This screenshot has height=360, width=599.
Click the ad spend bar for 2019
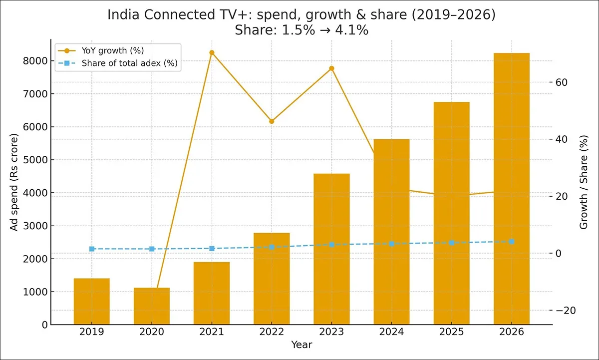point(92,302)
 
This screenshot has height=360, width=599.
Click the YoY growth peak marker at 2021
point(212,52)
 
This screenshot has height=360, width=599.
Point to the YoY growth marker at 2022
point(272,121)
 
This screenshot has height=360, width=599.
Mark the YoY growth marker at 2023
point(331,68)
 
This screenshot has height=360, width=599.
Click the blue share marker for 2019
point(92,249)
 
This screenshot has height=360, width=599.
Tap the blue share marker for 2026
point(512,242)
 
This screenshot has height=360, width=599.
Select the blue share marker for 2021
point(212,248)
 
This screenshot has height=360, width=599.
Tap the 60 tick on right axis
point(568,82)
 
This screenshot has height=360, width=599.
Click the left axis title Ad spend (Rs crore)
point(14,182)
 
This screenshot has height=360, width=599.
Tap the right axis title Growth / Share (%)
point(584,183)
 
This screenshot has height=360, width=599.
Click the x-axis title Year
point(301,345)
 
